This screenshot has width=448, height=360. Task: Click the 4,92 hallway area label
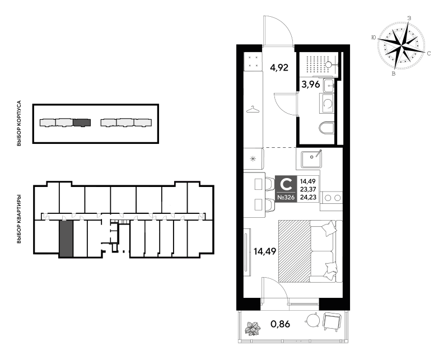click(279, 68)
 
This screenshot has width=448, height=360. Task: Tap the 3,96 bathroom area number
click(311, 85)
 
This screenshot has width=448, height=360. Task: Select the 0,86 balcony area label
click(281, 324)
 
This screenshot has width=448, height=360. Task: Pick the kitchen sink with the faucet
click(311, 159)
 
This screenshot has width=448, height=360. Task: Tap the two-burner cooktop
click(332, 198)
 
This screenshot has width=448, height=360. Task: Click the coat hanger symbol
click(253, 109)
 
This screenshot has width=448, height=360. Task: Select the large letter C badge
click(286, 184)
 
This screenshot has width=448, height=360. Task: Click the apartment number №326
click(286, 198)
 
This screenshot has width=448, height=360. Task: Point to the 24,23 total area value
click(307, 197)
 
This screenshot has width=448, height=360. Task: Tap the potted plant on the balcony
click(253, 328)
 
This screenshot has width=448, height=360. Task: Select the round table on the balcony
click(312, 320)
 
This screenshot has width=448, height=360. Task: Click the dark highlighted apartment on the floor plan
click(66, 239)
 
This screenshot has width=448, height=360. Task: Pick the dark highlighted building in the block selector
click(82, 123)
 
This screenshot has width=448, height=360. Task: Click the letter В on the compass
click(394, 74)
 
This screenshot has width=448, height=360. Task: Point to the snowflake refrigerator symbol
click(253, 159)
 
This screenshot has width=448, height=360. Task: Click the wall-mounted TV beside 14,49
click(246, 252)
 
